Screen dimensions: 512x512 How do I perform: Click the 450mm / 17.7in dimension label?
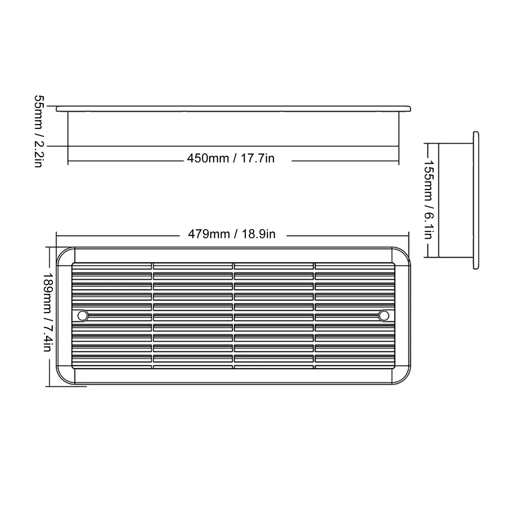(231, 158)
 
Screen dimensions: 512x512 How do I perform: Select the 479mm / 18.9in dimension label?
(231, 234)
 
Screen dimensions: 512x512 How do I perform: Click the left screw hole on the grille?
(83, 315)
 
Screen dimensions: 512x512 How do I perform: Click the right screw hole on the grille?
(383, 315)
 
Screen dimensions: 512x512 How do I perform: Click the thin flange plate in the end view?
(476, 200)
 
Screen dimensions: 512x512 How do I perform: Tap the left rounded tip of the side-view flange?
(57, 108)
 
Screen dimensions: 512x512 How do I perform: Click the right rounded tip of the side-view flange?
(410, 108)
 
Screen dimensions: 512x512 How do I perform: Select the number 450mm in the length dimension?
(208, 158)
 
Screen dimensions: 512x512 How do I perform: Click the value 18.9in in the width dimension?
(259, 234)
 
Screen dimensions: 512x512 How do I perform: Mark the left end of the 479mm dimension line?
(57, 235)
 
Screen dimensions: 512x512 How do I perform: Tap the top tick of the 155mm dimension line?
(428, 144)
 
